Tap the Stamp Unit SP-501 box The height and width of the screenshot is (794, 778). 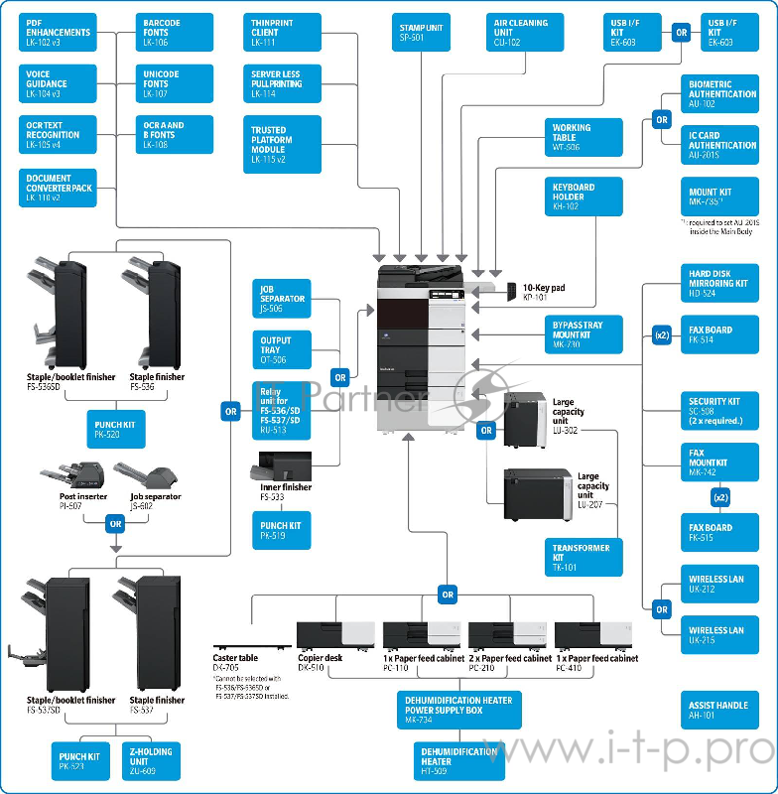[421, 32]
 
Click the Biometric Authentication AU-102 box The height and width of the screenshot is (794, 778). [721, 94]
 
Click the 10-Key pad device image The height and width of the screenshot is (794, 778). [511, 290]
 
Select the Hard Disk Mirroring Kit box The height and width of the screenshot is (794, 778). [718, 283]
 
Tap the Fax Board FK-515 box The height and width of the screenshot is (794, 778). [718, 532]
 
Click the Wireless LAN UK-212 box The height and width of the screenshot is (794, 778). [718, 584]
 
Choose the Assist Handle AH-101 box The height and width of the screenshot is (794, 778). [718, 710]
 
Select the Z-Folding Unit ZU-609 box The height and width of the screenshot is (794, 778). [150, 761]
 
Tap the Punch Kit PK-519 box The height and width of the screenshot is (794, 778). [282, 530]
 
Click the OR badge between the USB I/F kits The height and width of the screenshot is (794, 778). [681, 32]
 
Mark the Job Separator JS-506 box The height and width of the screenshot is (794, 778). [282, 298]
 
